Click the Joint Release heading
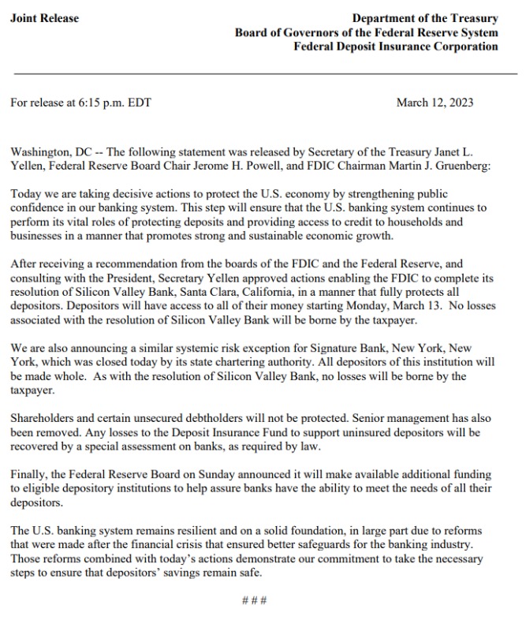tap(45, 18)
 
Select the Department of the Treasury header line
tap(425, 18)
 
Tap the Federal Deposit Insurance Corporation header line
tap(395, 47)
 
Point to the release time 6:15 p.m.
tap(110, 103)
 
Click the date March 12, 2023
tap(435, 103)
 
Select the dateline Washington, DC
tap(54, 151)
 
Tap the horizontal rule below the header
tap(263, 72)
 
